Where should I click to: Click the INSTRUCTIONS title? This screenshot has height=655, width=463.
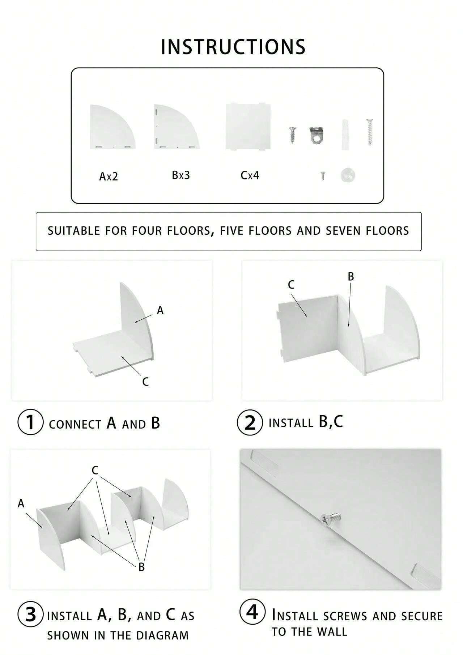pos(233,47)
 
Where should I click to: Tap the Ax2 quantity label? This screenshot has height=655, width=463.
pos(109,176)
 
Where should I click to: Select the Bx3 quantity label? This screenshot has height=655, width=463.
pos(181,175)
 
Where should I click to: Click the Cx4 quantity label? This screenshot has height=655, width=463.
pos(250,176)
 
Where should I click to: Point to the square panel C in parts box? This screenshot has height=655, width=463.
pos(248,127)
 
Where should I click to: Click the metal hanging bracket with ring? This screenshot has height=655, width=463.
pos(316,134)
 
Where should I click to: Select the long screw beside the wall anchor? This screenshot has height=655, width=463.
pos(369,132)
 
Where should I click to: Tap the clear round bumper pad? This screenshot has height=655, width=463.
pos(348,175)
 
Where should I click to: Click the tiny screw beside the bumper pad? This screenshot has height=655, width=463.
pos(323,176)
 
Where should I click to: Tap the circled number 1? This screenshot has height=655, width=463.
pos(30,422)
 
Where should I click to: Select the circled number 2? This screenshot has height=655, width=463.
pos(250,422)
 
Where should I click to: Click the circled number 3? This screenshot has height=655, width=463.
pos(31,614)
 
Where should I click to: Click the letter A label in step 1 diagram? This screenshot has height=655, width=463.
pos(160,310)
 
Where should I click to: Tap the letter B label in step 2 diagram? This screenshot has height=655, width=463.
pos(351,277)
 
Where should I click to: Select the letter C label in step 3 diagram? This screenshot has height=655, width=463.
pos(95,470)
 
